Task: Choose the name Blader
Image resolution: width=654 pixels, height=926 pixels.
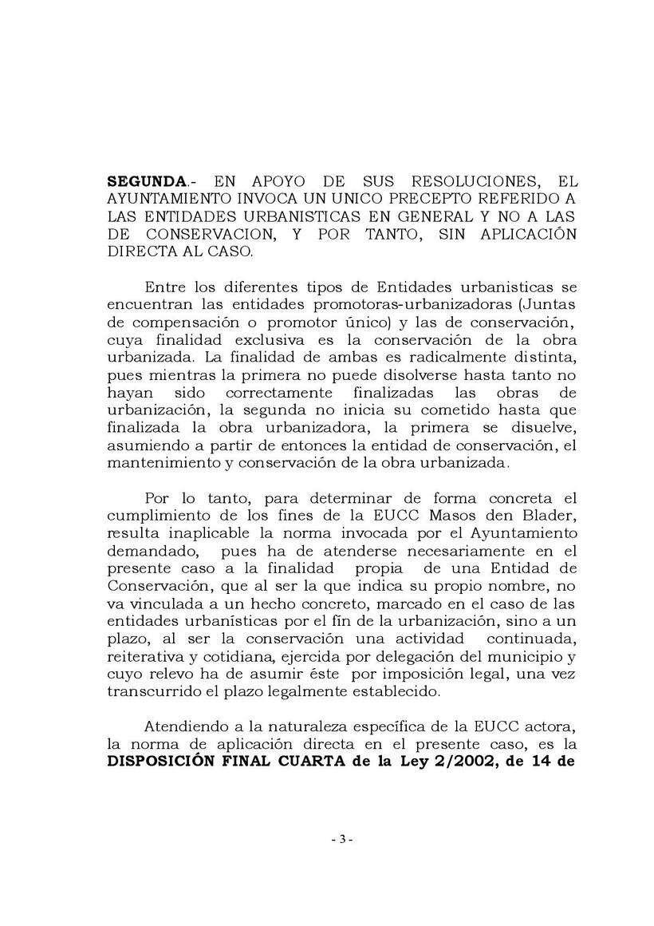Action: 550,516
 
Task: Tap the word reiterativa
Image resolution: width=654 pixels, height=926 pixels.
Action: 149,657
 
